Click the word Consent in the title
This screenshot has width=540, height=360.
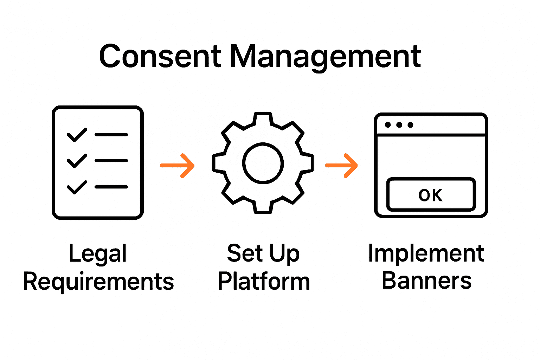[160, 57]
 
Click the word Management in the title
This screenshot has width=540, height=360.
[325, 57]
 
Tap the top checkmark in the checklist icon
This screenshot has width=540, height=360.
[77, 135]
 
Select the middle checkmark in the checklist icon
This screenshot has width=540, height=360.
[77, 161]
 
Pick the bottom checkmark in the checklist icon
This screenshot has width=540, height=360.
[77, 187]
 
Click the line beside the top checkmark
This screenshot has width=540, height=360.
[111, 135]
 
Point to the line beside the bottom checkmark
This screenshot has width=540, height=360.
[111, 187]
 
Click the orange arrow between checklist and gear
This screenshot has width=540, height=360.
[178, 165]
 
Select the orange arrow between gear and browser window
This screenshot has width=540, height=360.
[342, 165]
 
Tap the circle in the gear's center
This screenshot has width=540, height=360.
[263, 163]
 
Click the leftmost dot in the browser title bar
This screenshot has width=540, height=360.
[388, 125]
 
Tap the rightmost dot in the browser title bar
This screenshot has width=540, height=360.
[410, 125]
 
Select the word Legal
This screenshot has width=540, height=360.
[98, 254]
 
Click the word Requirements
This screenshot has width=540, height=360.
[98, 282]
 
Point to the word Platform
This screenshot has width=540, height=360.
[264, 282]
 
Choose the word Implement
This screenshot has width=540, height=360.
[426, 254]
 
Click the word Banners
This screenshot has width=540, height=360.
[426, 281]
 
